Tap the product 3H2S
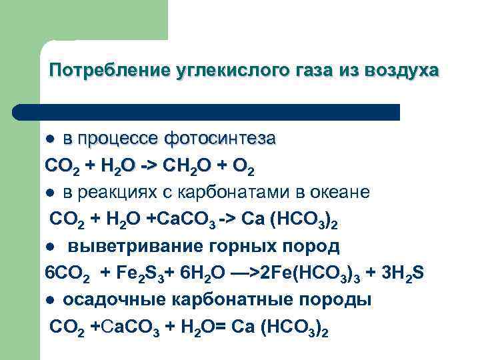point(403,274)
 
